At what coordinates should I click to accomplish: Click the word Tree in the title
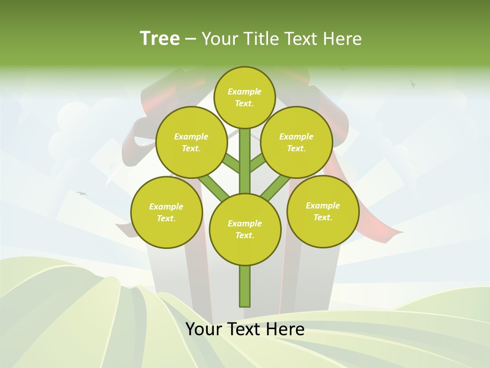tap(160, 38)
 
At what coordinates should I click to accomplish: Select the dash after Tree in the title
tap(190, 39)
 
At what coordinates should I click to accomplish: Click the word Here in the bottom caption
tap(283, 329)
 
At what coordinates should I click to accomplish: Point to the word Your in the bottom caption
tap(204, 329)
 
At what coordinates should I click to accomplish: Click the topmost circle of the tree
tap(244, 97)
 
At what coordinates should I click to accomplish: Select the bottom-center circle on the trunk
tap(245, 229)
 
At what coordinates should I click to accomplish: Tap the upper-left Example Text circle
tap(191, 142)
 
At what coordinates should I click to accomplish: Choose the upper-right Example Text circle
tap(297, 142)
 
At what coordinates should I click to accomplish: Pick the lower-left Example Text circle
tap(166, 212)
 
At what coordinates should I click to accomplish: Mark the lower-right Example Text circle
tap(323, 211)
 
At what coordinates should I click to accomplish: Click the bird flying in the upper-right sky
tap(412, 83)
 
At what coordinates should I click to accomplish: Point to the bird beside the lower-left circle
tap(81, 193)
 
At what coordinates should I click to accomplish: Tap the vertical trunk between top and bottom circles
tap(245, 161)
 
